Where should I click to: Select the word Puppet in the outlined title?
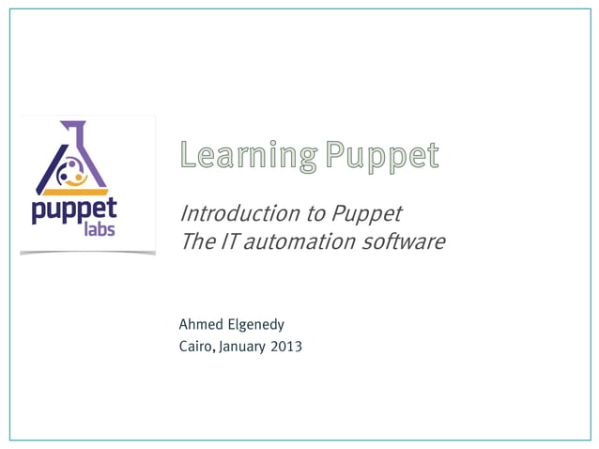382,156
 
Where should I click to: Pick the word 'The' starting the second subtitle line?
195,241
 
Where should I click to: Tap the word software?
403,241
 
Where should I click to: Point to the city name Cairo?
195,347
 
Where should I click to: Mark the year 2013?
286,347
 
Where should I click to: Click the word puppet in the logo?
74,209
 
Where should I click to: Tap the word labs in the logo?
100,228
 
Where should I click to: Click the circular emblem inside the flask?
71,173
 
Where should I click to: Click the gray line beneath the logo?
87,253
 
